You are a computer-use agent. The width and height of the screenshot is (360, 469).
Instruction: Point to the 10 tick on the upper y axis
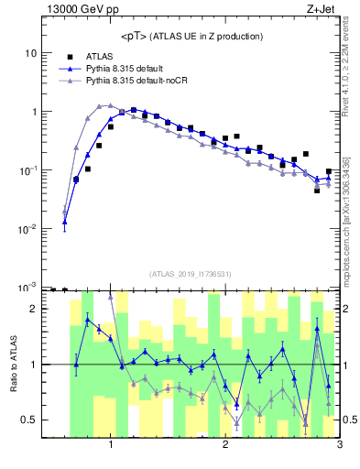click(29, 53)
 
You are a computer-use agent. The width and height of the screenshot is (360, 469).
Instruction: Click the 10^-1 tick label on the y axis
click(27, 170)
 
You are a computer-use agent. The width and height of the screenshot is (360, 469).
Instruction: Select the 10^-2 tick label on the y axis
click(27, 229)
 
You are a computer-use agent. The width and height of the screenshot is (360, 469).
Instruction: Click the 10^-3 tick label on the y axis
click(27, 287)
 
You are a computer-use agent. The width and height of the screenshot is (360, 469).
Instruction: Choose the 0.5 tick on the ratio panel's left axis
click(29, 420)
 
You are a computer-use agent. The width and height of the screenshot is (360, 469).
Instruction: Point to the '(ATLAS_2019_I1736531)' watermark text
click(191, 274)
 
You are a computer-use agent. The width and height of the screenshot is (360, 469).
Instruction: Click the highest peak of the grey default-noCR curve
click(110, 105)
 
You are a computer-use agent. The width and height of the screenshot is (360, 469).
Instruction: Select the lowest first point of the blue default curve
click(65, 222)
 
